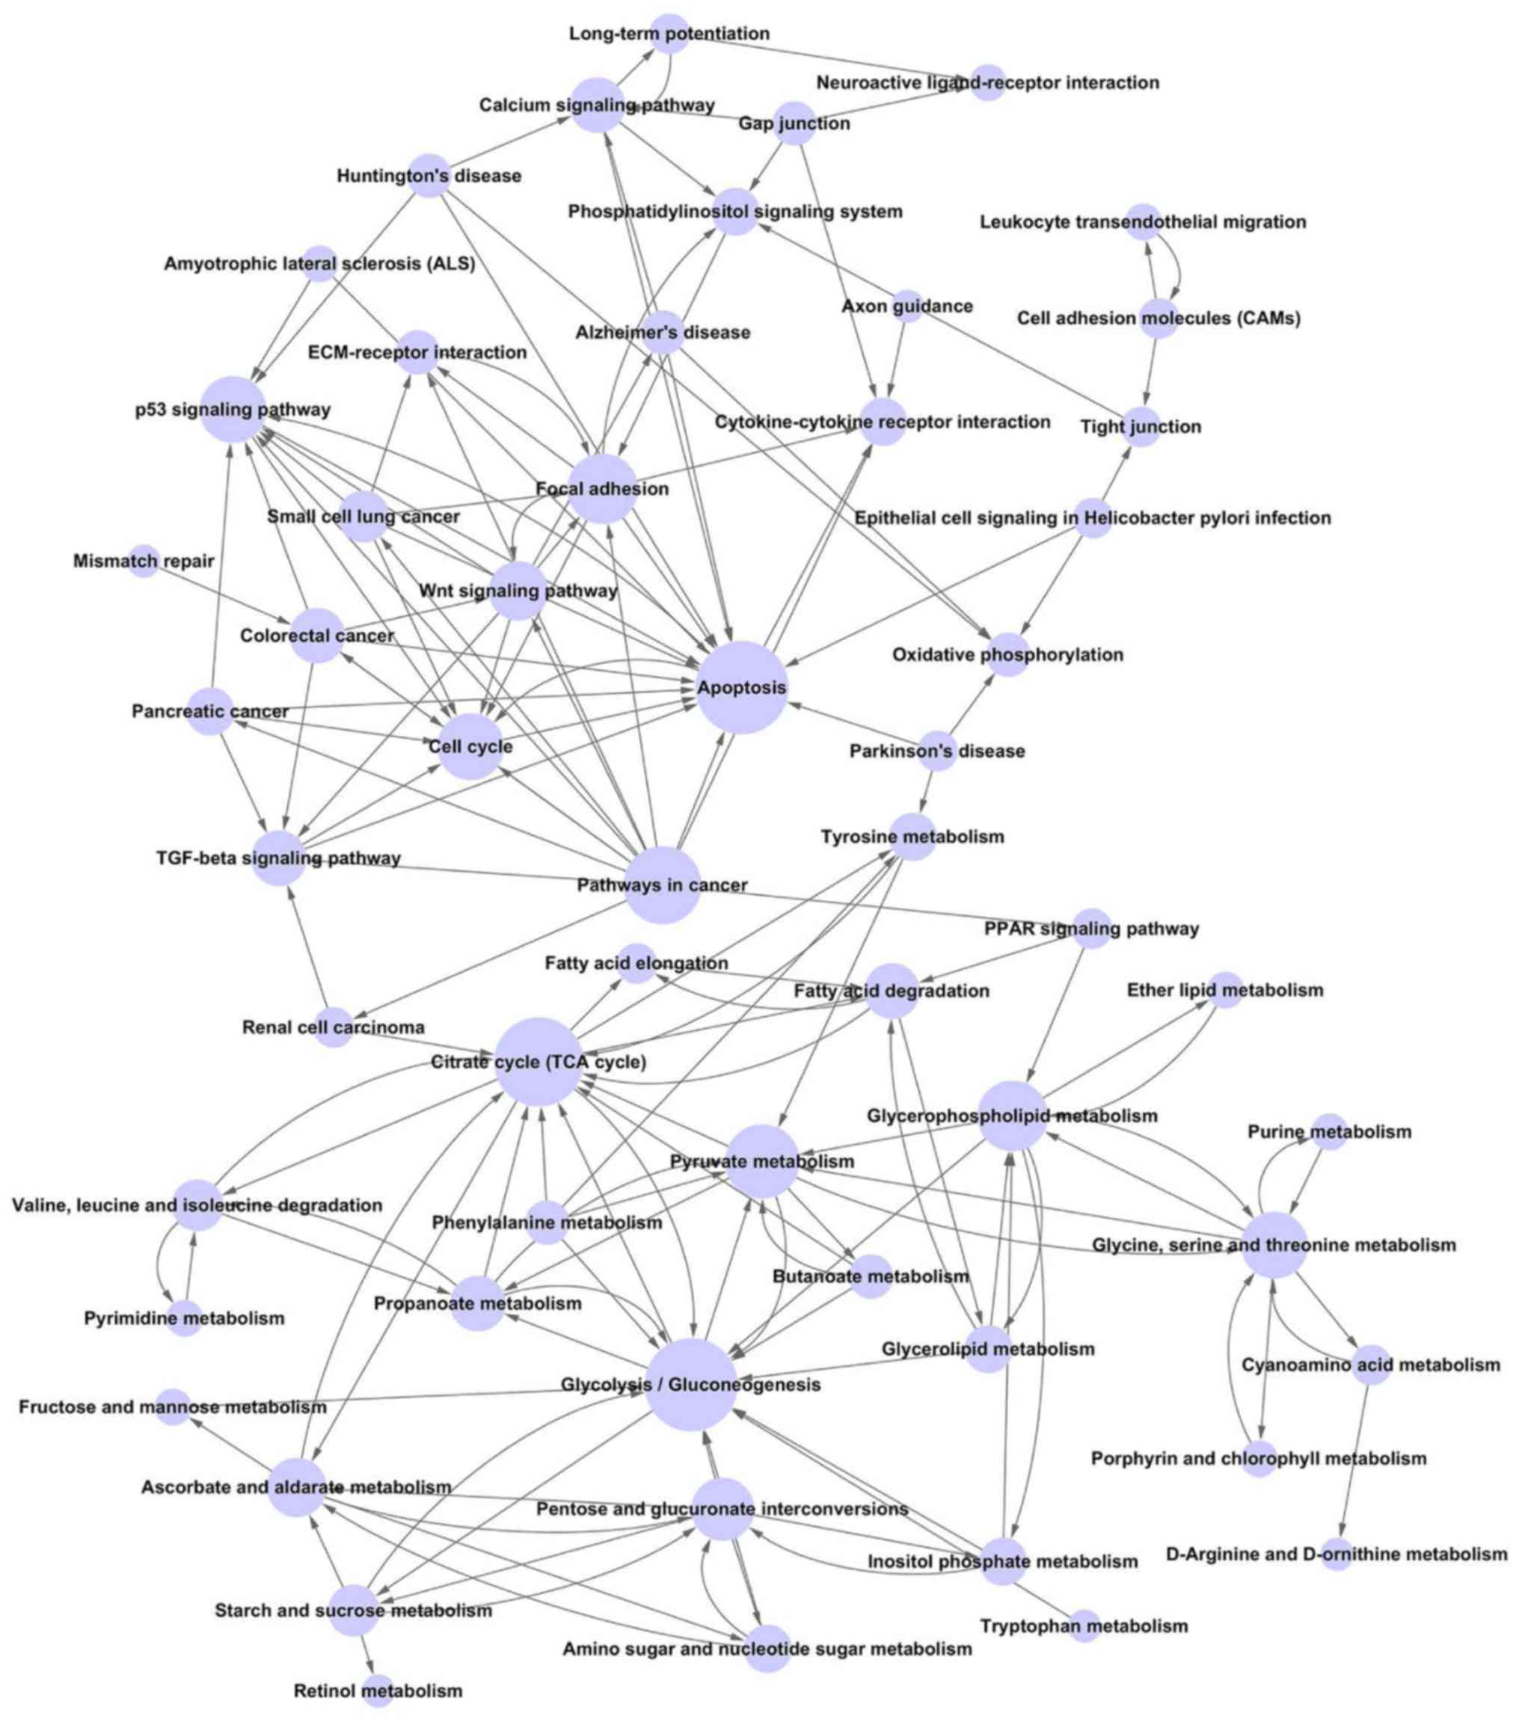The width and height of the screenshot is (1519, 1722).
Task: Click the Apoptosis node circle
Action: coord(741,687)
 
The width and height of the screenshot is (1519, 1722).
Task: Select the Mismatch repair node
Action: coord(144,561)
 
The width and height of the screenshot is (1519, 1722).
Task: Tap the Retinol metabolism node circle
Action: coord(379,1690)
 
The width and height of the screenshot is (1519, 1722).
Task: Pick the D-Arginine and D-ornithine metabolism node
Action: coord(1337,1554)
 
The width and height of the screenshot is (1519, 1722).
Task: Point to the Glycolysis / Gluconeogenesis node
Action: coord(692,1385)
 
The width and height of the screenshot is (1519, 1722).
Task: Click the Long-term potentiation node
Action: coord(671,34)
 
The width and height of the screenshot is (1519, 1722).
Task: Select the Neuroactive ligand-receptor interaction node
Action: coord(987,82)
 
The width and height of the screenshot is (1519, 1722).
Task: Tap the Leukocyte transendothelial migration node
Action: coord(1144,221)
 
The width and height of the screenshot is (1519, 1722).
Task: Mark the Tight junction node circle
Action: coord(1141,426)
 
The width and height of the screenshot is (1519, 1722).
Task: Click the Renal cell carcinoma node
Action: coord(334,1027)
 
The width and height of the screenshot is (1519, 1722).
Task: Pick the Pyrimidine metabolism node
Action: coord(185,1317)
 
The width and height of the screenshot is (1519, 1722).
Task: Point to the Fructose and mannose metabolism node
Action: coord(173,1407)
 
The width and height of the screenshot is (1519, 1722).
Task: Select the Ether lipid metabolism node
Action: coord(1226,990)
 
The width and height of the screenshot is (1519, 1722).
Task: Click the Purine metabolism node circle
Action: coord(1330,1131)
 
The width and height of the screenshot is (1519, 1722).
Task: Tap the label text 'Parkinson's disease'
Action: coord(937,751)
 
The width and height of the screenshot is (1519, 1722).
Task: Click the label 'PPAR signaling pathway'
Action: coord(1091,929)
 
